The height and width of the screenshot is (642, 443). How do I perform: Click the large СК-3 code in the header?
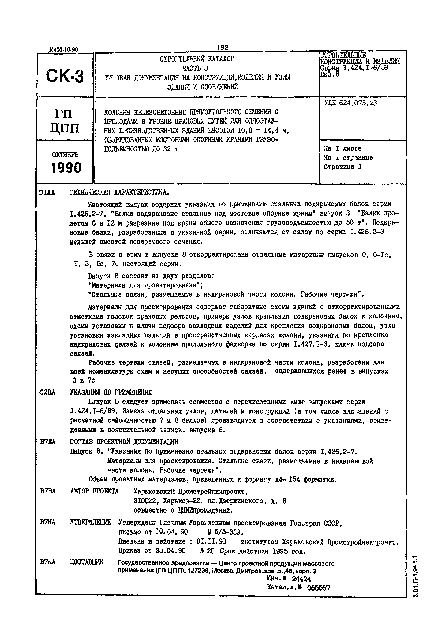click(x=65, y=76)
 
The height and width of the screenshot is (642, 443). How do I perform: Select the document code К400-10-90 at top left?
click(x=64, y=50)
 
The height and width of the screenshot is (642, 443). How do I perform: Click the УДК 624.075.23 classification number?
click(x=350, y=103)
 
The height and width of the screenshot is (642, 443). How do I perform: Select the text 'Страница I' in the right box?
click(x=343, y=167)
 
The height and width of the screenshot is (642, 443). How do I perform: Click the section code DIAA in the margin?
click(x=47, y=192)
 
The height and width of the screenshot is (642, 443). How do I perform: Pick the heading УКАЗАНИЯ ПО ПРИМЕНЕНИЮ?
click(x=111, y=392)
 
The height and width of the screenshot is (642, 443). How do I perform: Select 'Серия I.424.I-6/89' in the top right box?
click(x=354, y=67)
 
